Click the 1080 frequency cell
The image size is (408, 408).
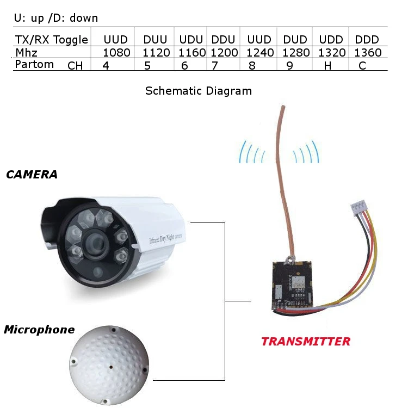pyautogui.click(x=116, y=53)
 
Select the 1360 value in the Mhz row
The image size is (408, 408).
pyautogui.click(x=368, y=53)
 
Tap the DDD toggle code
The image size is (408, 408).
pyautogui.click(x=367, y=40)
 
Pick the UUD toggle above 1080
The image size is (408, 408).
pyautogui.click(x=115, y=40)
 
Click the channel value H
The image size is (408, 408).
pyautogui.click(x=327, y=66)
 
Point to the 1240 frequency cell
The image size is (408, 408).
pyautogui.click(x=259, y=53)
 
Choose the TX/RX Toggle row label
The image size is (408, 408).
pyautogui.click(x=51, y=40)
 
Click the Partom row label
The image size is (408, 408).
pyautogui.click(x=34, y=64)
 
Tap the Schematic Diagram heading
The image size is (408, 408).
pyautogui.click(x=199, y=91)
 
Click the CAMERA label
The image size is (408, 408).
pyautogui.click(x=32, y=175)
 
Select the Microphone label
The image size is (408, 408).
pyautogui.click(x=39, y=330)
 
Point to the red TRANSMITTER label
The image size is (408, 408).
pyautogui.click(x=306, y=342)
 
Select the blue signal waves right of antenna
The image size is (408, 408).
pyautogui.click(x=305, y=153)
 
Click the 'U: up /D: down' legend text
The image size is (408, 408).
pyautogui.click(x=56, y=18)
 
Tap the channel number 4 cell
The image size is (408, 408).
pyautogui.click(x=106, y=66)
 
